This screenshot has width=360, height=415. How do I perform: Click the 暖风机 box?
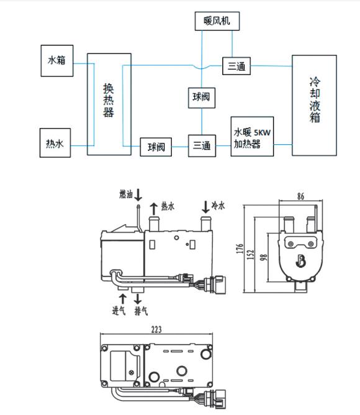click(x=217, y=21)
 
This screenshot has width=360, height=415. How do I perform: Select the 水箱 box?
click(x=57, y=61)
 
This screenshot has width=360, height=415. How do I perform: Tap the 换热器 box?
click(x=109, y=104)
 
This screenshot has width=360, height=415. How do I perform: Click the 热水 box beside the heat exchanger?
click(x=55, y=143)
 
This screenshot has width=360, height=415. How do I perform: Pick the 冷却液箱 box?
click(x=314, y=106)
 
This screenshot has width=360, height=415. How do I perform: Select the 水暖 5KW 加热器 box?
click(x=252, y=136)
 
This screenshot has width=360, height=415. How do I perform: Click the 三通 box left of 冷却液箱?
click(x=236, y=66)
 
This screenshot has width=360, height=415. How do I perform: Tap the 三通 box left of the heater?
click(x=202, y=146)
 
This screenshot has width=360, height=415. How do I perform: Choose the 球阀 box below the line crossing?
click(x=202, y=98)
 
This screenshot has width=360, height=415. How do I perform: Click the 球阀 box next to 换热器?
click(x=156, y=147)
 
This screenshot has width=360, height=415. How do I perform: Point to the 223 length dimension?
click(x=156, y=330)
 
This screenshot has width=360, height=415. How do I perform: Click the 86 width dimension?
click(x=300, y=196)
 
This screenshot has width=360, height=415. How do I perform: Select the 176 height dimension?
click(x=240, y=249)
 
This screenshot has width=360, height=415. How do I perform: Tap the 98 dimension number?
click(x=263, y=257)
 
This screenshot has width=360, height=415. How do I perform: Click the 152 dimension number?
click(x=251, y=254)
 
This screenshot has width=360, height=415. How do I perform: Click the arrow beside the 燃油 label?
click(x=138, y=195)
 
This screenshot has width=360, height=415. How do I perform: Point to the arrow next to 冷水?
click(x=205, y=207)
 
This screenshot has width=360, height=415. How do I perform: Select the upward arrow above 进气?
click(x=122, y=299)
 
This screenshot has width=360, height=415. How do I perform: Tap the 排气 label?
click(x=141, y=311)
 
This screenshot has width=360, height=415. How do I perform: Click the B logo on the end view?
click(x=300, y=261)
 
